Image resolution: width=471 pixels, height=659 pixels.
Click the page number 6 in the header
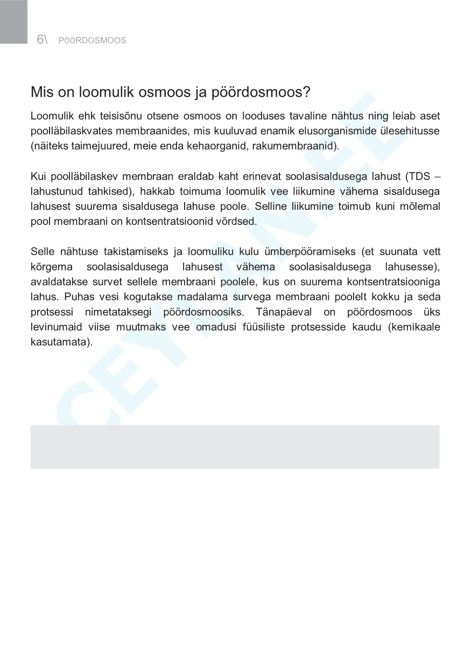click(40, 40)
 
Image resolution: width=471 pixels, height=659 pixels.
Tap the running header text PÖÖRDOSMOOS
click(92, 40)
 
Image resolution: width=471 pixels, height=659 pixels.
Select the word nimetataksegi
click(117, 312)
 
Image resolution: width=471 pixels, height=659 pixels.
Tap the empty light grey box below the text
click(235, 447)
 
